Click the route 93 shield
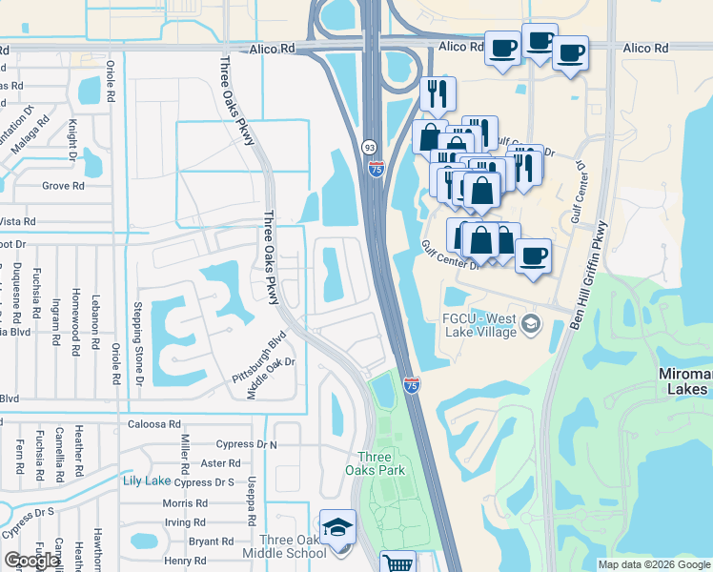[369, 147]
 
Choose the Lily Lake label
[146, 481]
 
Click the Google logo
[32, 561]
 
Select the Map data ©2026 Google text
[653, 564]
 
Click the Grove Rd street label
[63, 186]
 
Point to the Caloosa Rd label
[153, 424]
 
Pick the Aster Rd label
[221, 463]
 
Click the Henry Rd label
[184, 561]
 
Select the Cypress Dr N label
[246, 444]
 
